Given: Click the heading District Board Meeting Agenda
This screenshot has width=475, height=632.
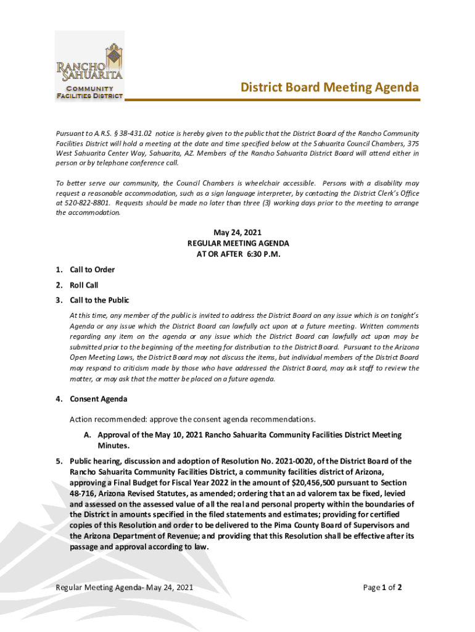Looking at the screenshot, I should click(x=329, y=88).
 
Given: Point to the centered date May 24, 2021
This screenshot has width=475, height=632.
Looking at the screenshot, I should click(x=238, y=233).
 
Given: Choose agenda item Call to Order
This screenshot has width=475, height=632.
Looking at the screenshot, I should click(x=92, y=270).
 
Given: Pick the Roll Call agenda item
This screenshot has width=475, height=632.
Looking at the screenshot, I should click(x=84, y=285).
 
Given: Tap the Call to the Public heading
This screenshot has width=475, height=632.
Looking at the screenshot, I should click(x=99, y=301).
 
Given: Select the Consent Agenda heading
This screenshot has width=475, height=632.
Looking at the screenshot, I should click(x=99, y=399).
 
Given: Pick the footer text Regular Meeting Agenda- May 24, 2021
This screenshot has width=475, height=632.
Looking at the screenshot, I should click(x=125, y=588).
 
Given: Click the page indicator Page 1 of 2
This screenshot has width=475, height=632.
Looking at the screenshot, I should click(x=382, y=588).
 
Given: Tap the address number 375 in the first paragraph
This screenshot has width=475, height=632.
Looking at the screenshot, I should click(x=413, y=143).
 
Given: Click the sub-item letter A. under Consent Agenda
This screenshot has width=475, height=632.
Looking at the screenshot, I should click(x=88, y=435).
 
